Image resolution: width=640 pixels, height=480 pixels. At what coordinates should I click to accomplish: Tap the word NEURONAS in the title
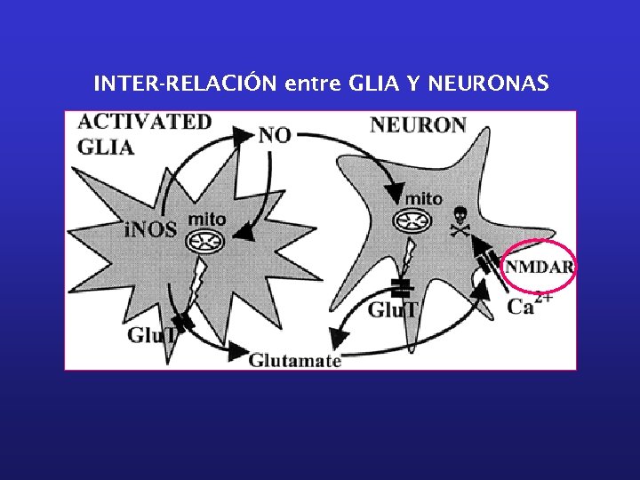click(x=488, y=84)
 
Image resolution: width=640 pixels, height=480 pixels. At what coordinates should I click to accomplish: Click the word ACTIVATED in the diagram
click(x=145, y=122)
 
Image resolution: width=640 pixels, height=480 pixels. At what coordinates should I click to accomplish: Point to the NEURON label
click(x=418, y=124)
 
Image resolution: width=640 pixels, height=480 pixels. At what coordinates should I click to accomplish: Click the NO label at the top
click(x=275, y=135)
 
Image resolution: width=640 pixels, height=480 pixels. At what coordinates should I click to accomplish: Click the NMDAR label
click(x=539, y=267)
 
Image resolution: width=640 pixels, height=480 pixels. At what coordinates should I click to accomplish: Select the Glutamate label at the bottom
click(x=294, y=360)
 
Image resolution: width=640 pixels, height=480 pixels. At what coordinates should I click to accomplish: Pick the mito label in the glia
click(x=208, y=219)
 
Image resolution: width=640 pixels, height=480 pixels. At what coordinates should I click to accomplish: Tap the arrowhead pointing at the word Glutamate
click(x=236, y=352)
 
